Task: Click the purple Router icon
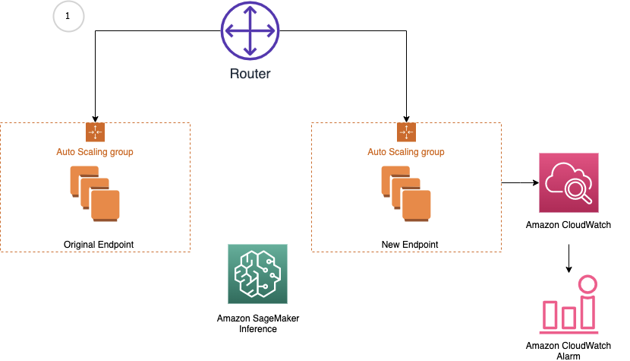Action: (250, 31)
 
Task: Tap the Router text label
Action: (250, 74)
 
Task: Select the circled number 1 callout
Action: (68, 16)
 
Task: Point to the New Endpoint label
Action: (406, 244)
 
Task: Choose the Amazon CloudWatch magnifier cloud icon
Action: (569, 182)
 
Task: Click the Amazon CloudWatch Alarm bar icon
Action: (569, 305)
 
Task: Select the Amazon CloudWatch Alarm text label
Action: (569, 350)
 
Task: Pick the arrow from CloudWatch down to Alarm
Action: (569, 259)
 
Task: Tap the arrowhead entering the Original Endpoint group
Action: (95, 116)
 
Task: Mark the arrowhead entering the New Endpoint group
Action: (406, 116)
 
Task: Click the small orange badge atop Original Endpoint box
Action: (95, 131)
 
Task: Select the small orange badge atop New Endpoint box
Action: (406, 131)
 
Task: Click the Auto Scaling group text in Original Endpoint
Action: (95, 152)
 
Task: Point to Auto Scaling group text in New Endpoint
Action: (406, 152)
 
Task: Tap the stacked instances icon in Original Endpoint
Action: (95, 195)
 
